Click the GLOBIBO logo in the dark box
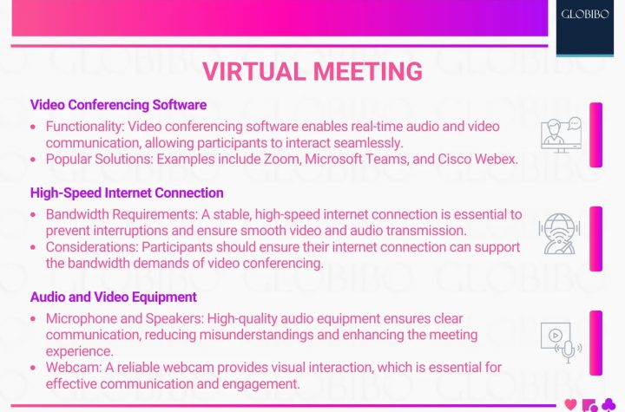(x=585, y=15)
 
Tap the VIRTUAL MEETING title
(x=312, y=71)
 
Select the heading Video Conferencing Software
(x=118, y=105)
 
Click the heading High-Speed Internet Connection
(x=127, y=193)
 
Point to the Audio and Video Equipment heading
(x=114, y=297)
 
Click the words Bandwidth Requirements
(x=122, y=214)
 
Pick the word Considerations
(x=92, y=247)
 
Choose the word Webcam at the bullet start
(x=73, y=368)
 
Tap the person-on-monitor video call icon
(x=562, y=135)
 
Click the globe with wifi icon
(x=559, y=234)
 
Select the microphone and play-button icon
(x=561, y=343)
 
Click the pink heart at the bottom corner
(x=571, y=404)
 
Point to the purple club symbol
(x=609, y=405)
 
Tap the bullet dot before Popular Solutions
(x=33, y=160)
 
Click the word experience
(x=79, y=351)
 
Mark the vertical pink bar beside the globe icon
(x=595, y=239)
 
